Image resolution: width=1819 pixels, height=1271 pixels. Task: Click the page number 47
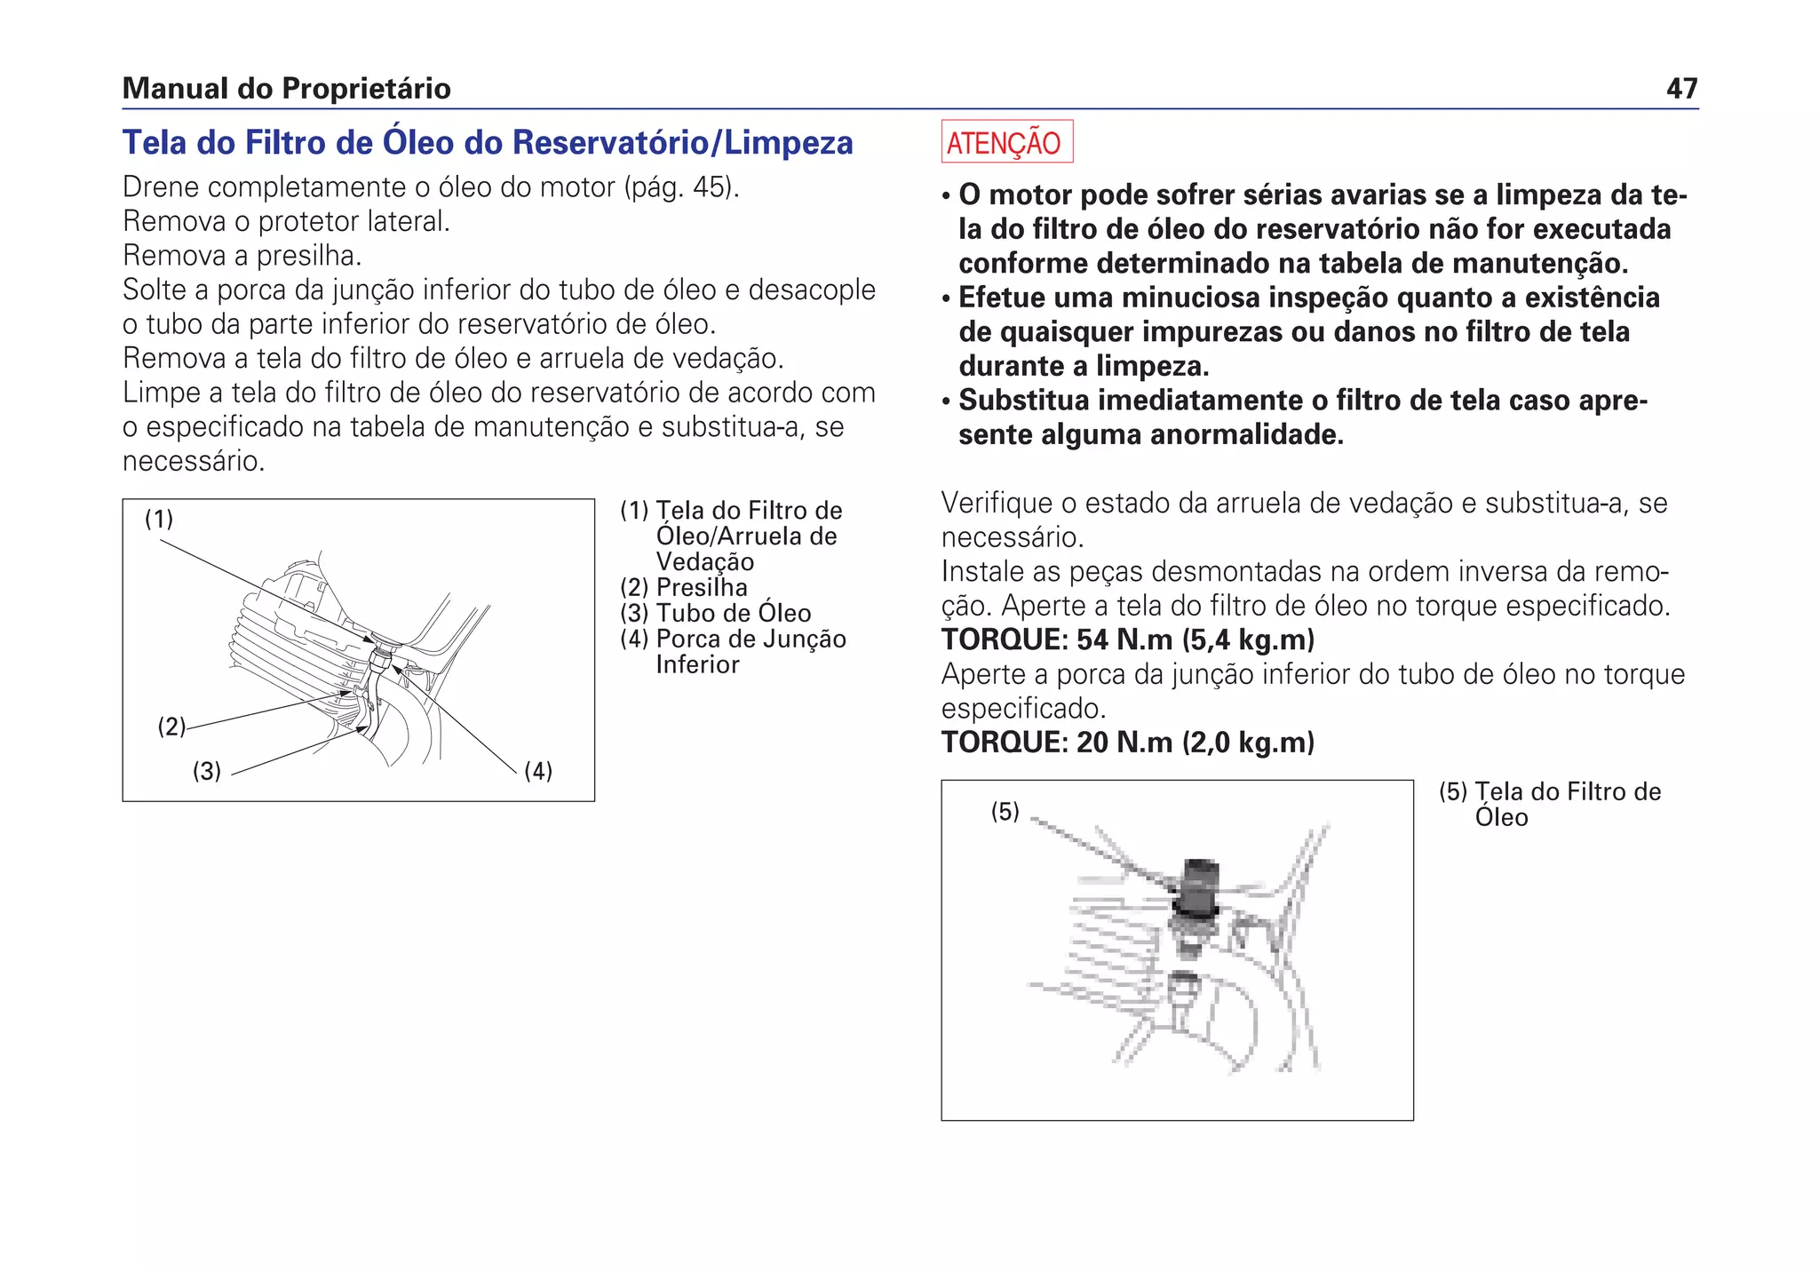(x=1681, y=88)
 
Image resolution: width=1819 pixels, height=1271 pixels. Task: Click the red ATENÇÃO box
(x=1006, y=142)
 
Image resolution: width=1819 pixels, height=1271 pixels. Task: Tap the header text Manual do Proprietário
(x=286, y=88)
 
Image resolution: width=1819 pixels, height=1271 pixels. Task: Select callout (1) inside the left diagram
(x=159, y=519)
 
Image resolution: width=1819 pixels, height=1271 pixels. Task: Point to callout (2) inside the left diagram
(x=171, y=727)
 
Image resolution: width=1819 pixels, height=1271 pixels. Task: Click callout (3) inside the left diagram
(x=207, y=771)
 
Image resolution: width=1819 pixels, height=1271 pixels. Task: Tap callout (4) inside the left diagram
(x=538, y=770)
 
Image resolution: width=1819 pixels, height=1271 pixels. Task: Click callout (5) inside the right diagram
(x=1005, y=811)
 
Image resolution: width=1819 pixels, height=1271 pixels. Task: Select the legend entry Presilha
(x=701, y=587)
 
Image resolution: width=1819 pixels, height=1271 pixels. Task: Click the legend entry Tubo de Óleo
(x=733, y=613)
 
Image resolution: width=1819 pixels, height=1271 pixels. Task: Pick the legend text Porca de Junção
(x=751, y=639)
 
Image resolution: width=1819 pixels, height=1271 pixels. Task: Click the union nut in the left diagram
(x=379, y=657)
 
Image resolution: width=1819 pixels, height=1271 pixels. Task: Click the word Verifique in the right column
(x=996, y=504)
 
